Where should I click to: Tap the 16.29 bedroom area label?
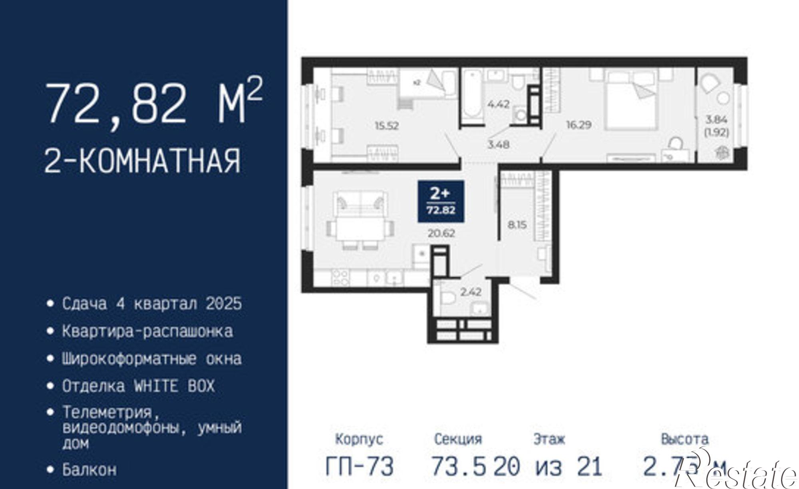pyautogui.click(x=578, y=125)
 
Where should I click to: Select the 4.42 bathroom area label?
pyautogui.click(x=498, y=104)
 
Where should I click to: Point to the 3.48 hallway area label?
pyautogui.click(x=498, y=145)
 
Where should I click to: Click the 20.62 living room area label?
pyautogui.click(x=441, y=233)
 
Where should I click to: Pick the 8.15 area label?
pyautogui.click(x=517, y=225)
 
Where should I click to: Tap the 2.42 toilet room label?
pyautogui.click(x=471, y=292)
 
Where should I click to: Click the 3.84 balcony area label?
pyautogui.click(x=717, y=119)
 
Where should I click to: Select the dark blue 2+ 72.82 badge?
pyautogui.click(x=441, y=201)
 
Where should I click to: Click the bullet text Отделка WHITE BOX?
pyautogui.click(x=138, y=386)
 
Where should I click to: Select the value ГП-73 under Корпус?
pyautogui.click(x=359, y=466)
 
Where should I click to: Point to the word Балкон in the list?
pyautogui.click(x=89, y=469)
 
